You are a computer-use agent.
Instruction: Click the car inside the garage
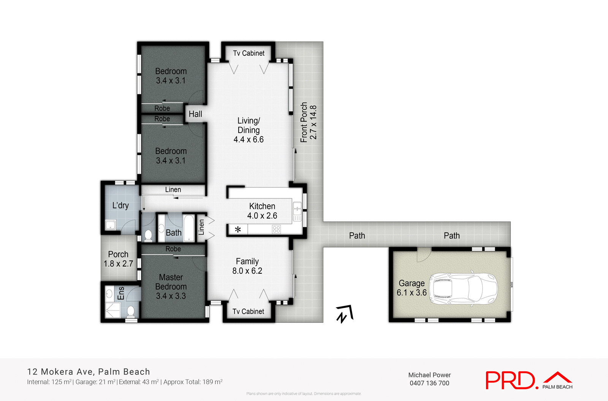point(463,288)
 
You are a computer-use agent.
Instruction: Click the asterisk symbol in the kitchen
point(238,229)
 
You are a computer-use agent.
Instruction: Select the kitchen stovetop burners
point(276,229)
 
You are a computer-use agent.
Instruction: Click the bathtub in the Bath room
point(189,228)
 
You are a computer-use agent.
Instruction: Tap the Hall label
point(195,114)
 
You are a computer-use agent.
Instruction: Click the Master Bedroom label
point(171,287)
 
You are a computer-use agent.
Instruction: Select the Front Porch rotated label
point(308,122)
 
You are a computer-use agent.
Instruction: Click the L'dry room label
point(120,205)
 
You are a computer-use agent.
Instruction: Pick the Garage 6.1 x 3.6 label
point(412,288)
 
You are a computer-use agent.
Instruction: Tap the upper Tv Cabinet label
point(249,53)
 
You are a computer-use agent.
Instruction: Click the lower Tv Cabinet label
point(248,312)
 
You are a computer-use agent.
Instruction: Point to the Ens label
point(121,293)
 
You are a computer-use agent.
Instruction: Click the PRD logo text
point(511,380)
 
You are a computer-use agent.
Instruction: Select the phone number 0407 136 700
point(429,383)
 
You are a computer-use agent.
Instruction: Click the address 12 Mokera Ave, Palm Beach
point(89,372)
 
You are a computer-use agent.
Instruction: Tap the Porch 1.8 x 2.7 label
point(118,259)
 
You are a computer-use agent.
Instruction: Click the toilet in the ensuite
point(131,311)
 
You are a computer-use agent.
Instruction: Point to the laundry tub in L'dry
point(110,225)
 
